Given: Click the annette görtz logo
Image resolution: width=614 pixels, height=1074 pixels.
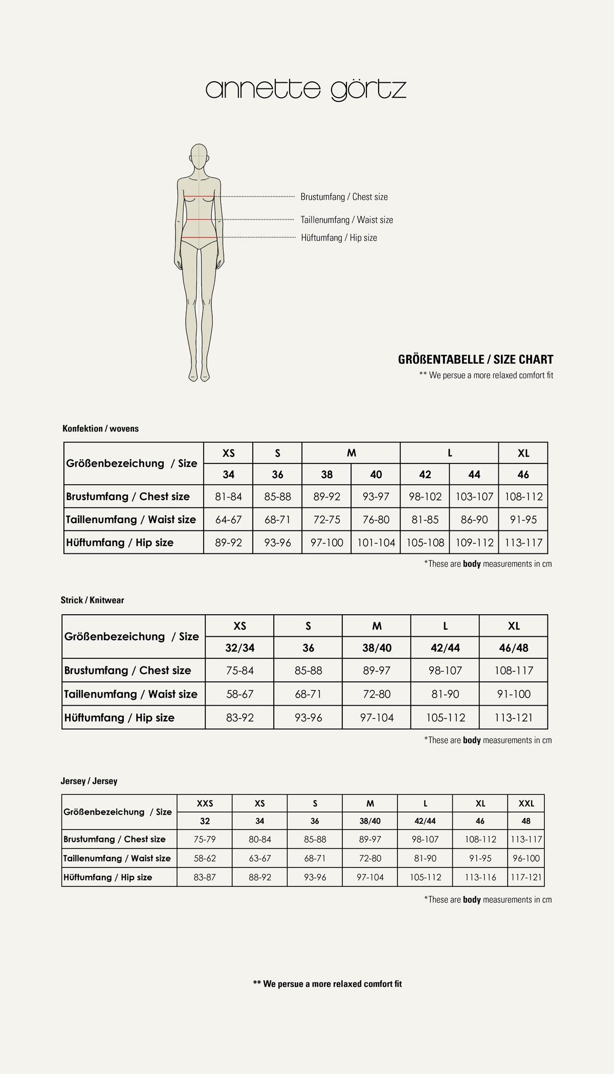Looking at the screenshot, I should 306,89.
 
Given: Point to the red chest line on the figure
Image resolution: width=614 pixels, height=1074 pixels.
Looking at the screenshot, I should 199,197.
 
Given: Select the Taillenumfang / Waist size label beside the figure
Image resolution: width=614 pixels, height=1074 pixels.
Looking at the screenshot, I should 346,220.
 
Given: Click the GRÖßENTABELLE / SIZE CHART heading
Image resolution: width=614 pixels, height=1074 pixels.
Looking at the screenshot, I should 475,360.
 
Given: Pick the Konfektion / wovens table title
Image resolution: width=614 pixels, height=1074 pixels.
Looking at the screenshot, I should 100,429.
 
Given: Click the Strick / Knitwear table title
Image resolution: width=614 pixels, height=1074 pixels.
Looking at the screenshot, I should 92,600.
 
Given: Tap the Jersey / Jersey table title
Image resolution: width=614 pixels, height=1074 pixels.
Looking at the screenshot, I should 89,781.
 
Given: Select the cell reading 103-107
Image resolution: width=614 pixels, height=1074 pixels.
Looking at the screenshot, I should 474,496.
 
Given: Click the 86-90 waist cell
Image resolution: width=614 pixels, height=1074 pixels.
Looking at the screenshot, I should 474,520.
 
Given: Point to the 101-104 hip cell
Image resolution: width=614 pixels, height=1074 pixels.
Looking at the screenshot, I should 376,543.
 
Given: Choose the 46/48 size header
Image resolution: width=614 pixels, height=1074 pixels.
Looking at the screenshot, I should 513,648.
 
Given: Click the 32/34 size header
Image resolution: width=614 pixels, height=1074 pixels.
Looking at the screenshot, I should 239,648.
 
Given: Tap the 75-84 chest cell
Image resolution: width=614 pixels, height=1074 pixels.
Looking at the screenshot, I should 239,670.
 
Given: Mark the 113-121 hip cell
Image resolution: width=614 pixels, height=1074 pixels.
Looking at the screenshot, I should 513,718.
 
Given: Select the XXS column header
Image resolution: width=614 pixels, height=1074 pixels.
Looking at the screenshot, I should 205,803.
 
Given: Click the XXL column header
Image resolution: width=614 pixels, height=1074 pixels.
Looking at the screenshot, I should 526,803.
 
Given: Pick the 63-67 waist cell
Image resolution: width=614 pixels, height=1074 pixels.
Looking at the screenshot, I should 259,858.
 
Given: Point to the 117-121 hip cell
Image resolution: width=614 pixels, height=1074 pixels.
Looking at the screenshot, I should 526,877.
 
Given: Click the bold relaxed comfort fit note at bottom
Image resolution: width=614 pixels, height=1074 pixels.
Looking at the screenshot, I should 327,983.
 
